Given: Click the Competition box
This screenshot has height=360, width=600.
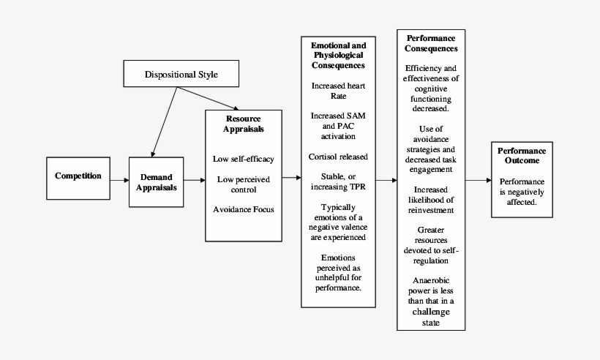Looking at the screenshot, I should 78,176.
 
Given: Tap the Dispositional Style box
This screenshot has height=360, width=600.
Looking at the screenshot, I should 181,75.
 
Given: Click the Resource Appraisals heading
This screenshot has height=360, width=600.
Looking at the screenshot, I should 244,124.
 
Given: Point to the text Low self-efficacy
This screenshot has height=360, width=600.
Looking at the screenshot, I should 244,158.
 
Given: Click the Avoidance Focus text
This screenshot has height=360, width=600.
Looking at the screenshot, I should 244,210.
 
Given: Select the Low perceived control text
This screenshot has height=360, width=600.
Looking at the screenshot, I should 244,184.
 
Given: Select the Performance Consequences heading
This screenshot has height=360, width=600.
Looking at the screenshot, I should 432,43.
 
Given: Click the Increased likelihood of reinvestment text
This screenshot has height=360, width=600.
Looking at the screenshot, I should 432,200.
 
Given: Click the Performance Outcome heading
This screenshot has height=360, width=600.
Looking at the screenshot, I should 521,154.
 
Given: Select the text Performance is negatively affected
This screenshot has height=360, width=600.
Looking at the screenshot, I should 521,191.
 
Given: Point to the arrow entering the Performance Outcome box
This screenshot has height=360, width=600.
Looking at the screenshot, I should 479,180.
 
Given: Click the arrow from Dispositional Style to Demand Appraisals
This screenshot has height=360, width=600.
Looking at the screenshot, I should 162,120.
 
